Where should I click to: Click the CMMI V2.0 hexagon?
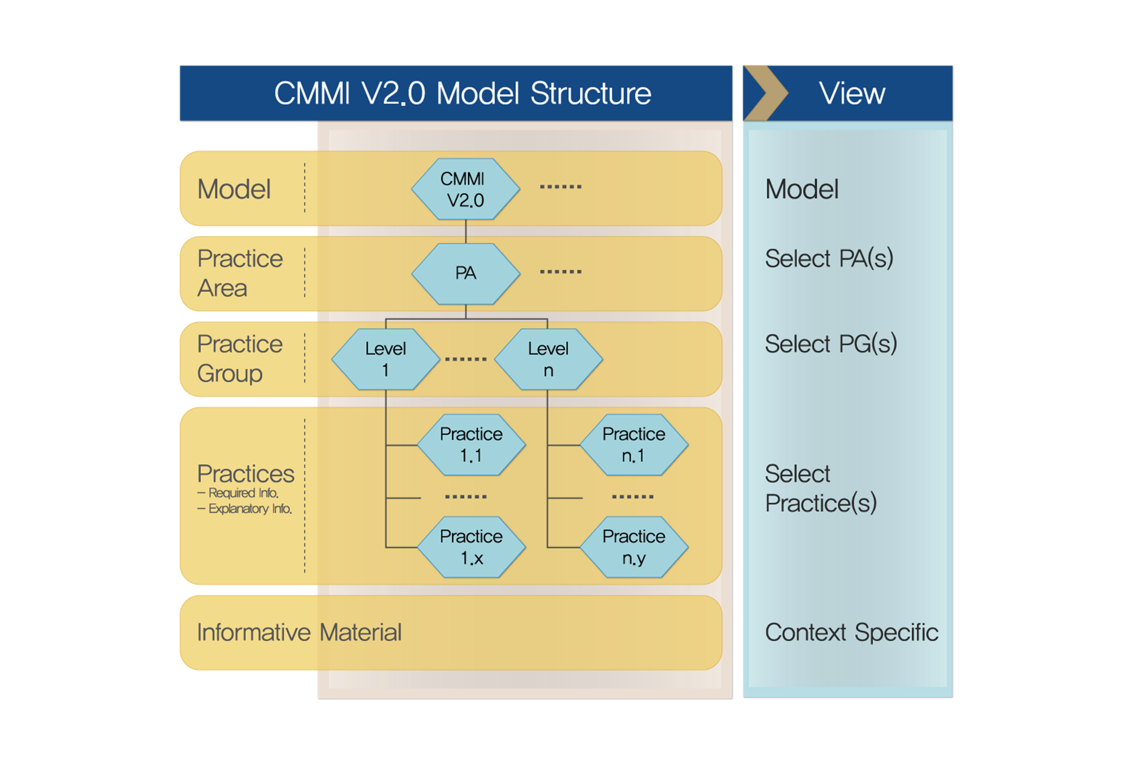(x=465, y=189)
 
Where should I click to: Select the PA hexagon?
(x=465, y=273)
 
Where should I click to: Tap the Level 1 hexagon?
(x=385, y=359)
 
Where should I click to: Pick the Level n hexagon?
(x=548, y=359)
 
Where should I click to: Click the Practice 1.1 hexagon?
(x=471, y=445)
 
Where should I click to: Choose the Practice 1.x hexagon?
(x=471, y=547)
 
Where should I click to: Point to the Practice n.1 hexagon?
(x=633, y=445)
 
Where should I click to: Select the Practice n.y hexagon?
(x=633, y=547)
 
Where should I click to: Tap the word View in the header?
(x=852, y=93)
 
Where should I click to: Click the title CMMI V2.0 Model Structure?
(x=462, y=93)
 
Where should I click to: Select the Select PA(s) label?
(x=829, y=258)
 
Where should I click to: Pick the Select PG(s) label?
(x=831, y=344)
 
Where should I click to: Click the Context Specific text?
(x=851, y=632)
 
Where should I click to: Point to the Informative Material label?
(x=299, y=632)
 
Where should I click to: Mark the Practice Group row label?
(x=240, y=359)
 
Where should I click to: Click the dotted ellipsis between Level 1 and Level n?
(x=466, y=359)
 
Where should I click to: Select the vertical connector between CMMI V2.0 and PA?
(x=466, y=232)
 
